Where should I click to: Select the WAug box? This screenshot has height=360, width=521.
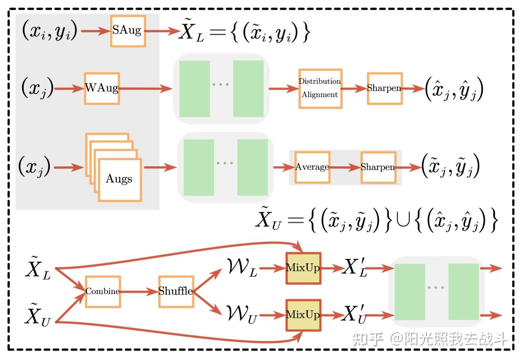coord(102,88)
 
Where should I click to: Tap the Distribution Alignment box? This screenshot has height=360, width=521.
coord(320,88)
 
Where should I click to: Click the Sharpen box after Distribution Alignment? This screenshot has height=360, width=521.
coord(384,88)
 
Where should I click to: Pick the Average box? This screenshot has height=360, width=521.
coord(312,167)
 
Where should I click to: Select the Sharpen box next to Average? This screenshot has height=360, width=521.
coord(378,167)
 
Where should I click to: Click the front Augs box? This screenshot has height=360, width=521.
coord(120,179)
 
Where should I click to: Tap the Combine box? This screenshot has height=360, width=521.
coord(102,291)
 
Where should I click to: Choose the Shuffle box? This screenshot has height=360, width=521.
coord(176,291)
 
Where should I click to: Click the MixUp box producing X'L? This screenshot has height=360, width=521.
coord(303,268)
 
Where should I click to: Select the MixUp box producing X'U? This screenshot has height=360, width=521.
coord(303,315)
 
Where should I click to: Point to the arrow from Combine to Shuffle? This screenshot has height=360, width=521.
coord(139,292)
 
